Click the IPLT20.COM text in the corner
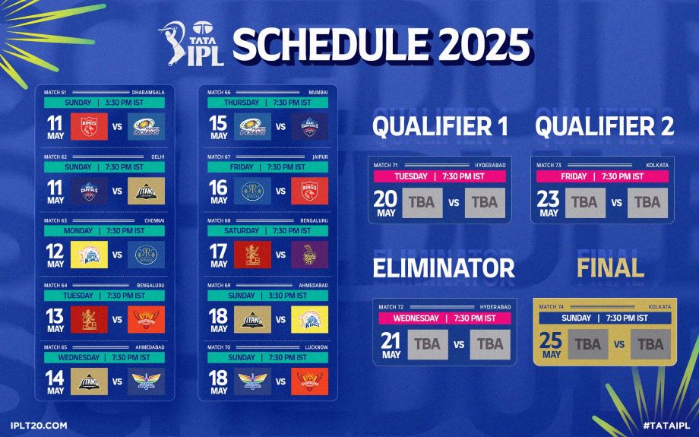(x=39, y=425)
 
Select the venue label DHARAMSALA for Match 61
(x=147, y=92)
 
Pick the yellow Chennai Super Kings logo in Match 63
(x=90, y=255)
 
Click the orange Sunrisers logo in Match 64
(x=145, y=319)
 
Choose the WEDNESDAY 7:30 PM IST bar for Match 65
(x=110, y=357)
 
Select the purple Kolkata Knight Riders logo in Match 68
(x=309, y=255)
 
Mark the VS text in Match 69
(x=281, y=319)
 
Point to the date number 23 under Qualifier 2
(x=549, y=199)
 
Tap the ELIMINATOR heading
(x=444, y=268)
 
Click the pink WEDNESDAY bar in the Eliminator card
(x=443, y=318)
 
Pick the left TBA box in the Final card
(x=587, y=344)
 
